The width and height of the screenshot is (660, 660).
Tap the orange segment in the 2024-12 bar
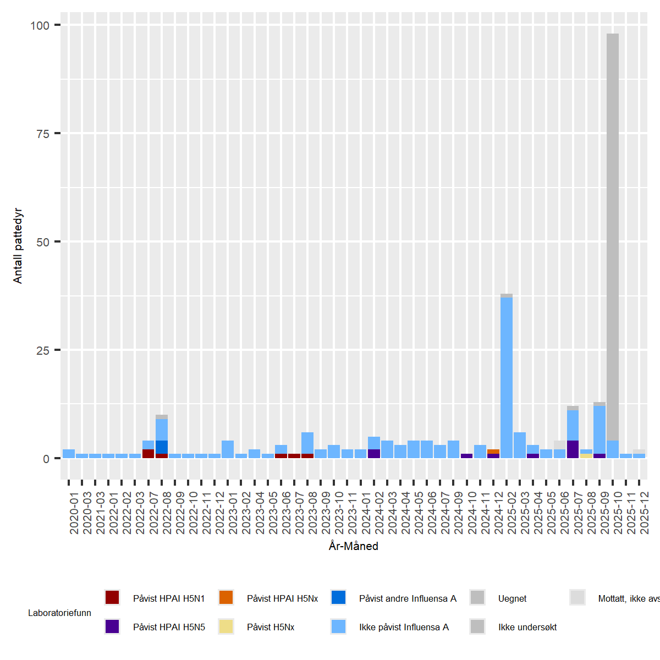[x=493, y=452]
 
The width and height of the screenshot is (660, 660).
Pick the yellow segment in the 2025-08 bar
[x=586, y=456]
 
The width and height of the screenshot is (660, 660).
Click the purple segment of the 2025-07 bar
[x=573, y=449]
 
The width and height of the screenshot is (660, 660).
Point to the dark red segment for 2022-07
[x=148, y=454]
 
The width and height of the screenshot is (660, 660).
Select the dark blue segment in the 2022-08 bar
[x=162, y=447]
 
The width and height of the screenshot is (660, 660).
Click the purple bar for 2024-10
[x=467, y=456]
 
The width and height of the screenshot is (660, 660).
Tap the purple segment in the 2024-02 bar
[x=374, y=454]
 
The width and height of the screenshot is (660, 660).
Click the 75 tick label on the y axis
[x=43, y=134]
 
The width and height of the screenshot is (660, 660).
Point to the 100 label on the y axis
[x=40, y=25]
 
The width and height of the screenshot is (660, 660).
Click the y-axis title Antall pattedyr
[x=18, y=246]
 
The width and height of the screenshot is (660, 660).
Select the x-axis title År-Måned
[x=354, y=546]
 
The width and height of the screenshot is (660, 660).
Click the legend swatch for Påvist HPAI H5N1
[x=112, y=598]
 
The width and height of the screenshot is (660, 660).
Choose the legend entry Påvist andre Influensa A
[x=408, y=598]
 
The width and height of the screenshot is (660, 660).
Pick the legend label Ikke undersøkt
[x=527, y=627]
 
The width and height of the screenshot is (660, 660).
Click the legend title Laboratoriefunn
[x=59, y=613]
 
